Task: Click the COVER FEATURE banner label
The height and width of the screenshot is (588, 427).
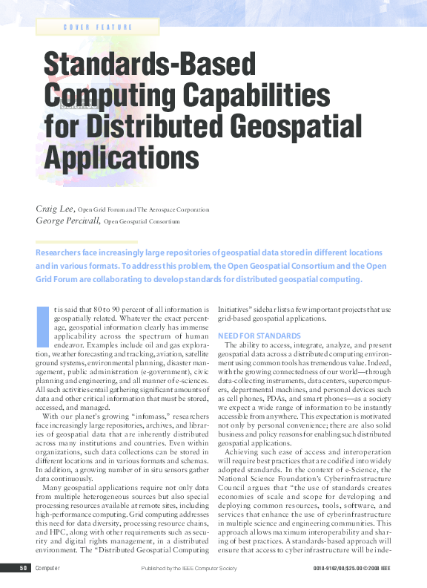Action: (98, 27)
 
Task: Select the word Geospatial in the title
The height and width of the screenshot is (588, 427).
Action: (268, 124)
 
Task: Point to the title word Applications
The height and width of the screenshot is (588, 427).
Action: (122, 156)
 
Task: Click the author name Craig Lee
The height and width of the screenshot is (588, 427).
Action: (55, 209)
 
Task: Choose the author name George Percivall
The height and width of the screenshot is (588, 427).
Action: (67, 220)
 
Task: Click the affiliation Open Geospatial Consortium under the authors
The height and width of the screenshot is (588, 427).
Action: (142, 221)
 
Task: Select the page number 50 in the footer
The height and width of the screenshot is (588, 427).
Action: (24, 569)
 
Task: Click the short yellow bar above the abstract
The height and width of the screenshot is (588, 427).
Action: (87, 242)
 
